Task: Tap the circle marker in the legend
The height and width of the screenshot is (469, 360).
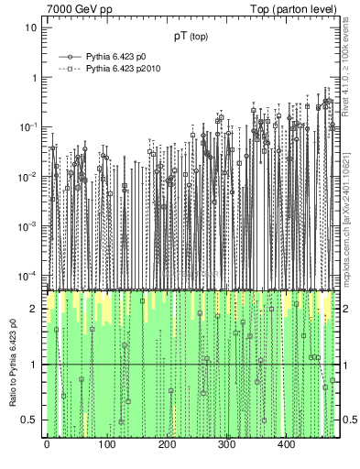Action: coord(69,56)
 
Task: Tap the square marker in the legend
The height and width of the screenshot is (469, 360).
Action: coord(69,69)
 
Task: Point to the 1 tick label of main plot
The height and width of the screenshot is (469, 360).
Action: coord(34,77)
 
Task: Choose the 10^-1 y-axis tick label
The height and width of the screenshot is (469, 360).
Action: coord(28,126)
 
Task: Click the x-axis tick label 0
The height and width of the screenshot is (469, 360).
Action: coord(47,445)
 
